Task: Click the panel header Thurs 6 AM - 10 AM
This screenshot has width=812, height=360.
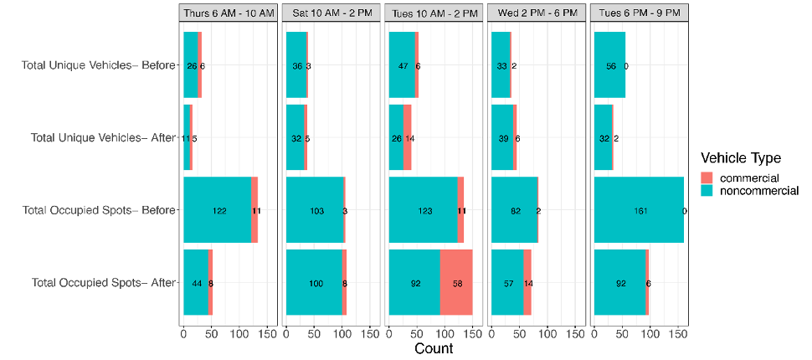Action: pos(228,14)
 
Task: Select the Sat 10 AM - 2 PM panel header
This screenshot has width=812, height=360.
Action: pos(331,14)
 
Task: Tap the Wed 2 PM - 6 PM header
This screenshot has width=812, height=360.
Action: pos(536,14)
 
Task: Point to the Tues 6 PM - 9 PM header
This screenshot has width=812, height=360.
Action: pos(640,14)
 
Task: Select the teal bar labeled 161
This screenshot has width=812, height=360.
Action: pos(639,211)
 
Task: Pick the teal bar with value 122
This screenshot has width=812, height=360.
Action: pos(217,211)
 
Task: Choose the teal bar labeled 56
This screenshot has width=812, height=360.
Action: pos(609,65)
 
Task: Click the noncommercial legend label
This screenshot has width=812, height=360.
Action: pos(759,191)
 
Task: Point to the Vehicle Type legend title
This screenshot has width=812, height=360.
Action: pos(741,157)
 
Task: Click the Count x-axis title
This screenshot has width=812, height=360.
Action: pos(434,348)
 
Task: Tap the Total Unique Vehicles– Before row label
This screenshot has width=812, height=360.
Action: pos(98,65)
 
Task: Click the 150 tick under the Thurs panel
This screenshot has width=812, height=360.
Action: pos(267,333)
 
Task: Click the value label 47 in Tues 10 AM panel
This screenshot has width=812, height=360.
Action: pos(402,65)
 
